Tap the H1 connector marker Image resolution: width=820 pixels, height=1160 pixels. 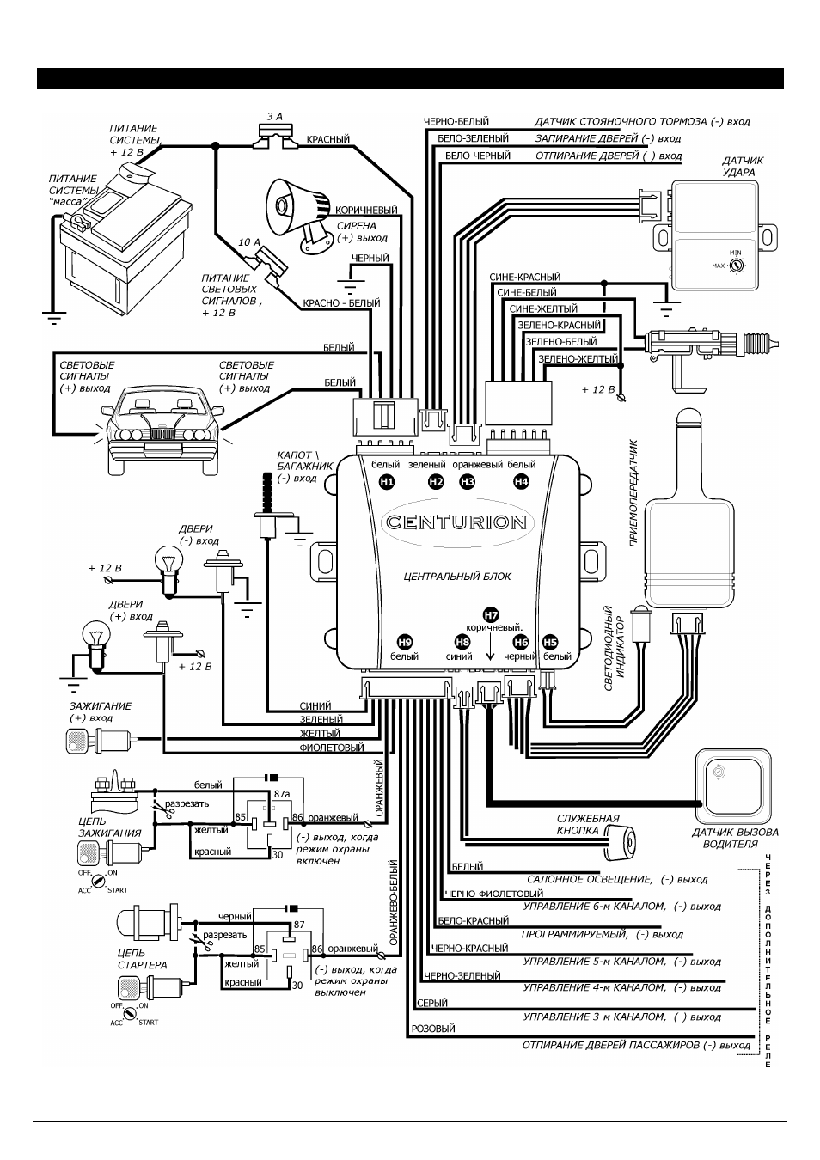pyautogui.click(x=387, y=482)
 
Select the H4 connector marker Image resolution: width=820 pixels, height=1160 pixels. pyautogui.click(x=521, y=482)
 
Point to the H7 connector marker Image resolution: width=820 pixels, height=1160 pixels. pyautogui.click(x=490, y=615)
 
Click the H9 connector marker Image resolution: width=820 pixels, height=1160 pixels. pyautogui.click(x=405, y=643)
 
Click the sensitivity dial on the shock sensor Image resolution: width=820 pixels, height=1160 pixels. pyautogui.click(x=736, y=266)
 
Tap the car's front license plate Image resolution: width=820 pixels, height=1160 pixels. pyautogui.click(x=162, y=447)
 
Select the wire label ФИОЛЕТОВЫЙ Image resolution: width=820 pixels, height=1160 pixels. pyautogui.click(x=332, y=748)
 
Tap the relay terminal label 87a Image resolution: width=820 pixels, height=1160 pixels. pyautogui.click(x=282, y=794)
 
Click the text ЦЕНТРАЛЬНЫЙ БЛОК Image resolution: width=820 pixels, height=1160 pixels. pyautogui.click(x=457, y=577)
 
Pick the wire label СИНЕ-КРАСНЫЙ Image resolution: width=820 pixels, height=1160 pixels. pyautogui.click(x=524, y=277)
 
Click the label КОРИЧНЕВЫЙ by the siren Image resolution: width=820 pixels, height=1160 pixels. pyautogui.click(x=366, y=210)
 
